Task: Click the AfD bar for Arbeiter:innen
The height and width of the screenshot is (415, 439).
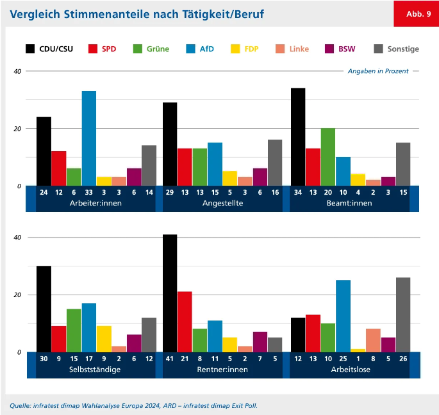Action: [x=88, y=138]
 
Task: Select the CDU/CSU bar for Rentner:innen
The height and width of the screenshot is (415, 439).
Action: [x=170, y=293]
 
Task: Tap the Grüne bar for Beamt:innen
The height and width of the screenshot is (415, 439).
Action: [x=327, y=157]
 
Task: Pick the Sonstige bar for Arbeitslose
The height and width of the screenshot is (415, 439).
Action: [x=402, y=314]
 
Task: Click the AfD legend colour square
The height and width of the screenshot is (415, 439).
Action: [x=191, y=49]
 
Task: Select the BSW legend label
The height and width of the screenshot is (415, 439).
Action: [x=347, y=49]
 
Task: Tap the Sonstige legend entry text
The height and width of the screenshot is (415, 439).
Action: [x=403, y=49]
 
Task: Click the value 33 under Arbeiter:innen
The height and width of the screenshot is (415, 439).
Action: [x=88, y=191]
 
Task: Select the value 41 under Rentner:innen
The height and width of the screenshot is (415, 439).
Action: [x=170, y=358]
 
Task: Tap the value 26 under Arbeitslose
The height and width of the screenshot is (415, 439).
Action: [x=402, y=358]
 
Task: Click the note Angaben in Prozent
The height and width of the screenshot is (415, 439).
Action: [x=378, y=71]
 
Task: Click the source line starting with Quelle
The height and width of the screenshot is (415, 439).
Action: [x=133, y=405]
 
